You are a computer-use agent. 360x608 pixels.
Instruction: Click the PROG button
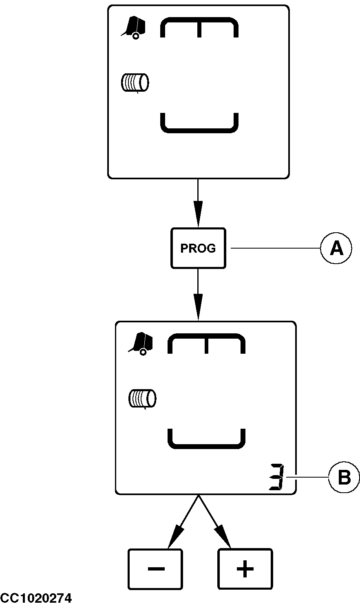198,248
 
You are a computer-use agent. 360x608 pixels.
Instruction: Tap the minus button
155,569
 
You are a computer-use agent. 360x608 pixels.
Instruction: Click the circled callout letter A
336,248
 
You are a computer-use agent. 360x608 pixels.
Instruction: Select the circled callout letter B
345,477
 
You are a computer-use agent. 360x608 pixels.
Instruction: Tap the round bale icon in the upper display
135,82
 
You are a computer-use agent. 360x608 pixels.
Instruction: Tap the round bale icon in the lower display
142,399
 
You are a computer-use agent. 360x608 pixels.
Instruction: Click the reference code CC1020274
36,599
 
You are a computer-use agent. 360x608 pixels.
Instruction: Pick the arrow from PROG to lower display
198,294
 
